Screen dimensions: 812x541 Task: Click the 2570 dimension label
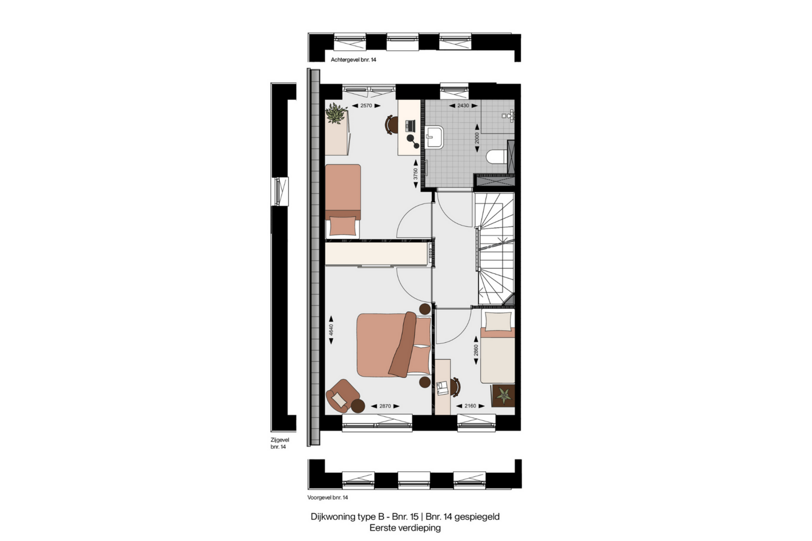(x=366, y=106)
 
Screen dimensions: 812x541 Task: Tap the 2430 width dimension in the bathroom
(x=463, y=106)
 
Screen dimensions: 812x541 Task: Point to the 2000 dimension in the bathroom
(x=477, y=138)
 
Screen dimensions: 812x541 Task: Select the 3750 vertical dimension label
(x=416, y=174)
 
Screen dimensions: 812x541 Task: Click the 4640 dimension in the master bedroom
(x=331, y=330)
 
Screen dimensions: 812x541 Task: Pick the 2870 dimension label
(x=385, y=406)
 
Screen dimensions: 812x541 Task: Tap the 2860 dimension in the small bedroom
(x=476, y=351)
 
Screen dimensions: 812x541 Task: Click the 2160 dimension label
(x=470, y=406)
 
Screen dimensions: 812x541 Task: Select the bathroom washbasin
(x=434, y=137)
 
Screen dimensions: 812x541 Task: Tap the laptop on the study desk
(x=410, y=126)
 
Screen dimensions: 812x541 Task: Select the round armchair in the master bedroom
(x=343, y=396)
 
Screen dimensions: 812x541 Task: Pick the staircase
(x=496, y=249)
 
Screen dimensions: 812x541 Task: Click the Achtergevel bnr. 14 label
(x=354, y=60)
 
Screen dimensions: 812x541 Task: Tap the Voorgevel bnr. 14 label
(x=328, y=498)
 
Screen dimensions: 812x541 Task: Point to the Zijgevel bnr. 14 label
(x=280, y=443)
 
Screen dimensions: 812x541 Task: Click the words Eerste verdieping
(x=405, y=528)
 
